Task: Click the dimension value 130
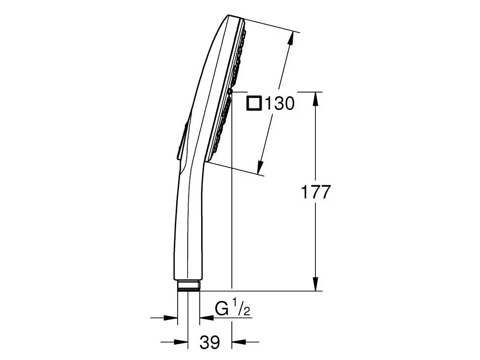[x=279, y=104]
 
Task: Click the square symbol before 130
[x=254, y=103]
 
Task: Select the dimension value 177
[x=316, y=192]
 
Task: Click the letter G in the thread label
[x=222, y=309]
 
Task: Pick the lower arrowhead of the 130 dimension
[x=260, y=168]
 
